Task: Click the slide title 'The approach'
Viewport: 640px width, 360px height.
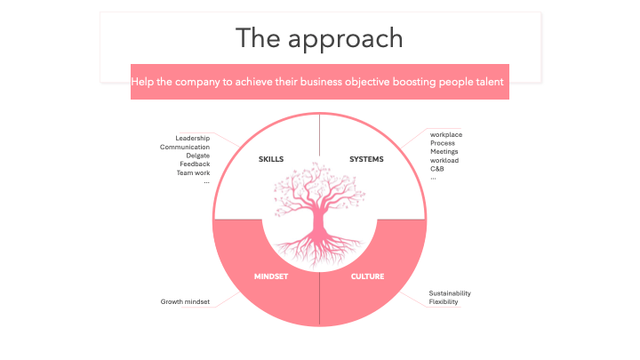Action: [319, 38]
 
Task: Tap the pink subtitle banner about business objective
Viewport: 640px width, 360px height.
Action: [319, 81]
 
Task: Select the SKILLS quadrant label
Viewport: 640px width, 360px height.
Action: [271, 159]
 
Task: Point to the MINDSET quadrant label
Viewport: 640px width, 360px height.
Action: [271, 276]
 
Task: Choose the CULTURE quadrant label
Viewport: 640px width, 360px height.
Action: [367, 276]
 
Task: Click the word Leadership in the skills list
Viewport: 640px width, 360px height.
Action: [193, 138]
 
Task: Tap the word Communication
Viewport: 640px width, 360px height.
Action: [185, 147]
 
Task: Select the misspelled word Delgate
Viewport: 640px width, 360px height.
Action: [197, 156]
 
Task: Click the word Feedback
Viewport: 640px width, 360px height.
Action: [195, 164]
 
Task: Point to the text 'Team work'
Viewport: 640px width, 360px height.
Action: [193, 172]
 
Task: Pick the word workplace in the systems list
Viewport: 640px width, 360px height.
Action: [446, 134]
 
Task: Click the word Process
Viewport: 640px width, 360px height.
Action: [443, 143]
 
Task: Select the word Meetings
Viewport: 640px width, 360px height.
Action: [444, 151]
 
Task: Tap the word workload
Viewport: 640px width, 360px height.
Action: [445, 160]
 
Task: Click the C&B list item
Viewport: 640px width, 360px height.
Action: [437, 168]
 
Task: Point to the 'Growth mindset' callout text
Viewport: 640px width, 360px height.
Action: [185, 302]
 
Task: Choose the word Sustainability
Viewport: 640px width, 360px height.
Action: [450, 293]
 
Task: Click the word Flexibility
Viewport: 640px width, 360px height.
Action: [444, 302]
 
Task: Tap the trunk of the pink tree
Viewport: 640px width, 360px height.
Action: [320, 222]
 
